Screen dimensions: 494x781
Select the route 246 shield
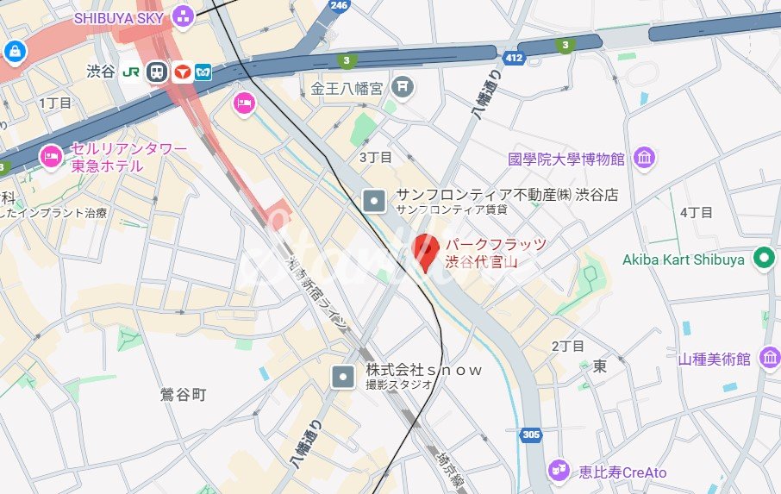(x=338, y=5)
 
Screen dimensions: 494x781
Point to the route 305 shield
(x=531, y=435)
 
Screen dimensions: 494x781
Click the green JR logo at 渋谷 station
(x=131, y=72)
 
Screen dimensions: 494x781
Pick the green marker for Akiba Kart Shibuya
(x=763, y=258)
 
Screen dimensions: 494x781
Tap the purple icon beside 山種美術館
(x=766, y=358)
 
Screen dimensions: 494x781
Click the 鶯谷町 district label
(x=184, y=395)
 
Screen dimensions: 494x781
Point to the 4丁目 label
(x=697, y=212)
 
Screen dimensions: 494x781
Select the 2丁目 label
(x=567, y=346)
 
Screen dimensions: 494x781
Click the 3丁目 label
(x=375, y=157)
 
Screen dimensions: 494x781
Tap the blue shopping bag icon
(x=14, y=52)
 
